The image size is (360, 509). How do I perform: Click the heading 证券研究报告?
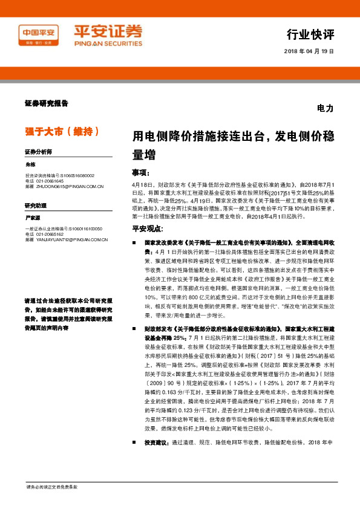click(47, 103)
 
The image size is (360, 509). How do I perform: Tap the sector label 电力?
click(325, 109)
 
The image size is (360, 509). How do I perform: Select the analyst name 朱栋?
click(31, 164)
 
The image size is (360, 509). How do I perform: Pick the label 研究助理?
click(36, 205)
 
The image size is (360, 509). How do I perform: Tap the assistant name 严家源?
click(33, 217)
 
